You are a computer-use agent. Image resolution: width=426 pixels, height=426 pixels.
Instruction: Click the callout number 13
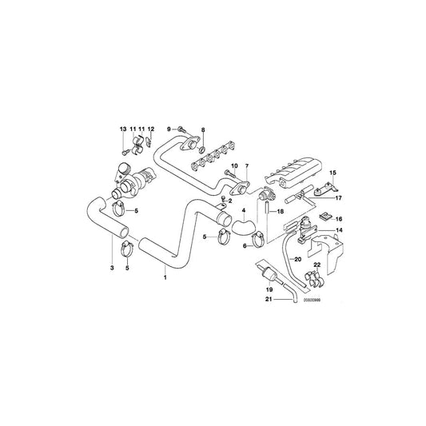(x=123, y=129)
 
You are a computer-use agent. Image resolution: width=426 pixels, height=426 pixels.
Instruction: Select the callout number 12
(x=150, y=129)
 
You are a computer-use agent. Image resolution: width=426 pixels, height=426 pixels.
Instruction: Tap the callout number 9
(x=170, y=129)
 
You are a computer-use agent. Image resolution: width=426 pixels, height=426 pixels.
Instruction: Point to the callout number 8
(x=203, y=129)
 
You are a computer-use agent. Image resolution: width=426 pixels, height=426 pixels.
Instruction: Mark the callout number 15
(x=333, y=173)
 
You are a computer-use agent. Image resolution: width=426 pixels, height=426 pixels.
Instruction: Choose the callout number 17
(x=338, y=198)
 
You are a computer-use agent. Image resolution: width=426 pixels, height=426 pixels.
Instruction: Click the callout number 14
(x=339, y=231)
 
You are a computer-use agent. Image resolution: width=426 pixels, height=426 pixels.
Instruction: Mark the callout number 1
(x=165, y=278)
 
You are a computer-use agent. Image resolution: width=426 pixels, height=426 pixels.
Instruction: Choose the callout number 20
(x=297, y=259)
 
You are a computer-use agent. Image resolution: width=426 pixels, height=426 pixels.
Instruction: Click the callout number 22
(x=317, y=265)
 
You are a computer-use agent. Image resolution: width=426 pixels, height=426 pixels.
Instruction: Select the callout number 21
(x=269, y=300)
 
